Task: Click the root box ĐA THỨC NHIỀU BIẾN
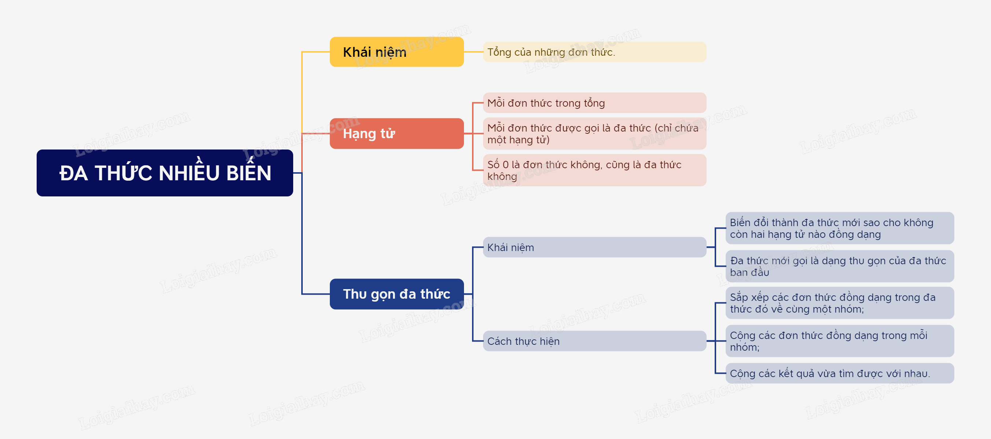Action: coord(165,173)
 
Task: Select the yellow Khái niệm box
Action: coord(396,52)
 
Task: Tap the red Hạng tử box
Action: coord(396,133)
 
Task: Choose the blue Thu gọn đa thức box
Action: coord(396,294)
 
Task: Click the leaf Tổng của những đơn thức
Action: coord(594,52)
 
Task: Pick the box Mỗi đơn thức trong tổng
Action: coord(594,103)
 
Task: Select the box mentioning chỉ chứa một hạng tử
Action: coord(594,133)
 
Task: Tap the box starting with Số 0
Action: coord(594,170)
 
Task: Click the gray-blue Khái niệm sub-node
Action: coord(594,247)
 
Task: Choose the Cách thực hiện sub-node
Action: coord(594,341)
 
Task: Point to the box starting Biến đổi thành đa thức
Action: coord(839,228)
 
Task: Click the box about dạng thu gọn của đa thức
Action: coord(839,266)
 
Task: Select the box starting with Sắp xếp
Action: coord(839,303)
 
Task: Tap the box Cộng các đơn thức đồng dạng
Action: coord(839,341)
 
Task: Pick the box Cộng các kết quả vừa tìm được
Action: coord(839,373)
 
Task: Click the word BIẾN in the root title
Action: coord(248,173)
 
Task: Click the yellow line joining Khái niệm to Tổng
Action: coord(473,52)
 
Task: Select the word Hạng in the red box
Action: coord(359,134)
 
